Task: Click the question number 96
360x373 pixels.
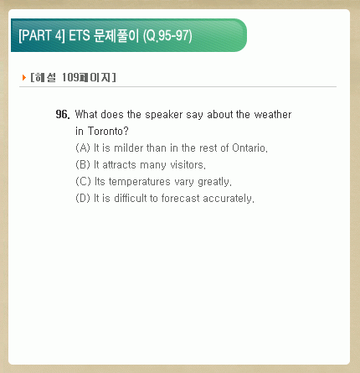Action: point(63,114)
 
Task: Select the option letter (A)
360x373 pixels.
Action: point(83,148)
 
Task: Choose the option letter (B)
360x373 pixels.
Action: point(83,164)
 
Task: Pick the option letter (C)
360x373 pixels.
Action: point(83,181)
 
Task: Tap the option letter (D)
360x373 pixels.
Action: point(83,198)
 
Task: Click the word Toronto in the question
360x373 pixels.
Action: point(108,131)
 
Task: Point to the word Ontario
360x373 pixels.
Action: point(249,148)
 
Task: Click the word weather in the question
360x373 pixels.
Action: point(273,114)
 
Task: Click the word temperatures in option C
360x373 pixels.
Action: point(139,182)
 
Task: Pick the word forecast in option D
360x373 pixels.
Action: point(181,198)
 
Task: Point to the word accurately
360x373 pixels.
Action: point(229,199)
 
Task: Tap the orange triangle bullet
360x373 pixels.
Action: point(24,77)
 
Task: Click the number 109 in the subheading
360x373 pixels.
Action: point(70,77)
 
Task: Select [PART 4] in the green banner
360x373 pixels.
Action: point(42,35)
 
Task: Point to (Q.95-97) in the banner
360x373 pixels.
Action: point(167,36)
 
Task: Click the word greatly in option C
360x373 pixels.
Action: point(214,182)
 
